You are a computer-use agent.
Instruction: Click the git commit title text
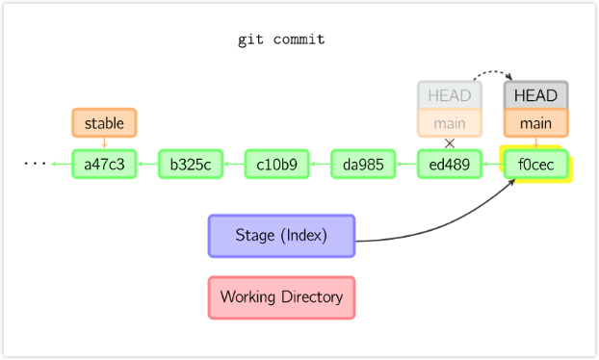tap(281, 40)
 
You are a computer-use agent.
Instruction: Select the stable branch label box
tap(104, 122)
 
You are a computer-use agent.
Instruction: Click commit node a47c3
tap(104, 164)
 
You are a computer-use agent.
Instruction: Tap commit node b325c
tap(191, 164)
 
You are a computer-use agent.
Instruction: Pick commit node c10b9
tap(277, 164)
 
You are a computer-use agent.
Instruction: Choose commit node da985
tap(363, 164)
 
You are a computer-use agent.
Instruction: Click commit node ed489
tap(449, 164)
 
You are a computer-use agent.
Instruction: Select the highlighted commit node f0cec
tap(535, 164)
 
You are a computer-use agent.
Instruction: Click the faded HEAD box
tap(449, 95)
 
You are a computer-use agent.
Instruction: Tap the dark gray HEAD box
tap(535, 95)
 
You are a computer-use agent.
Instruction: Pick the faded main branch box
tap(449, 122)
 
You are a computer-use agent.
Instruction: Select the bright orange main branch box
tap(535, 122)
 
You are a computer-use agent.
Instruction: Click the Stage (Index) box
tap(281, 235)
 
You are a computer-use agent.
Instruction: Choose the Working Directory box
tap(281, 296)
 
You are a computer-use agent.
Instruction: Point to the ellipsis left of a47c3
tap(36, 165)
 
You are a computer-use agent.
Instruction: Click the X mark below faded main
tap(449, 142)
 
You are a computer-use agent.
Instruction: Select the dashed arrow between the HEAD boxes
tap(492, 71)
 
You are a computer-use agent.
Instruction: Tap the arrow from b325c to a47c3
tap(147, 164)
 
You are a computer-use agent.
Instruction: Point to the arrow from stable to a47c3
tap(104, 142)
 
